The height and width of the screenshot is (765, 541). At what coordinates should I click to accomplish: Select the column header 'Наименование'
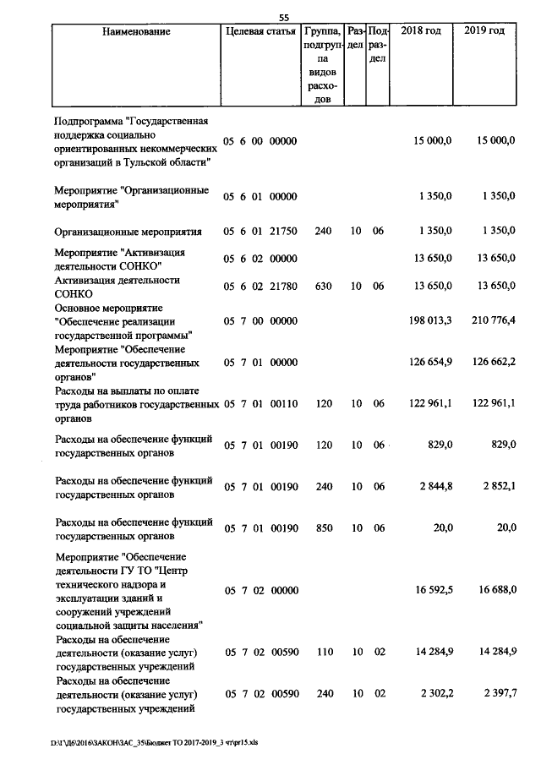[135, 31]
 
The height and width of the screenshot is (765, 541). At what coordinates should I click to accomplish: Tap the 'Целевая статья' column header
[260, 31]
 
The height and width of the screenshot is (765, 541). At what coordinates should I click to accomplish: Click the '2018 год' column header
[421, 31]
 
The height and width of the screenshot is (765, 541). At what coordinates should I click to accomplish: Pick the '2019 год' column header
[485, 31]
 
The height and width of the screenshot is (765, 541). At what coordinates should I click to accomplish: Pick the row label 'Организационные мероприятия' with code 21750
[128, 231]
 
